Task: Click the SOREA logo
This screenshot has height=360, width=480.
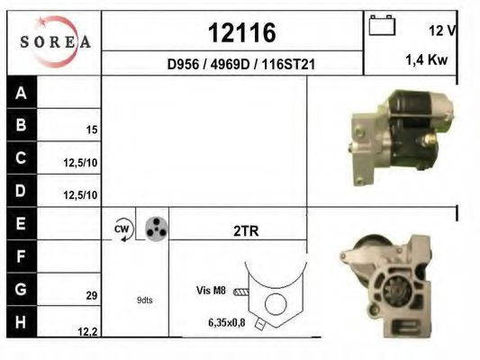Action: click(55, 41)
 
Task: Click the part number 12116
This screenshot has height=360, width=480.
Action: click(242, 32)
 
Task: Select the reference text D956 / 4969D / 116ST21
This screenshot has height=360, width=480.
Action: click(241, 64)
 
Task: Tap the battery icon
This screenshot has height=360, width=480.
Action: click(382, 25)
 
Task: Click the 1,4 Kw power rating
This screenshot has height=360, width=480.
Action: click(427, 59)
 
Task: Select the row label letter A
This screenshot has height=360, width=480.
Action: click(21, 93)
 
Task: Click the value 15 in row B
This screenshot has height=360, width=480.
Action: click(92, 130)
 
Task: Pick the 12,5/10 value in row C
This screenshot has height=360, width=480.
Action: click(80, 163)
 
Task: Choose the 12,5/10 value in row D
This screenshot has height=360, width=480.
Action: click(80, 194)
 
